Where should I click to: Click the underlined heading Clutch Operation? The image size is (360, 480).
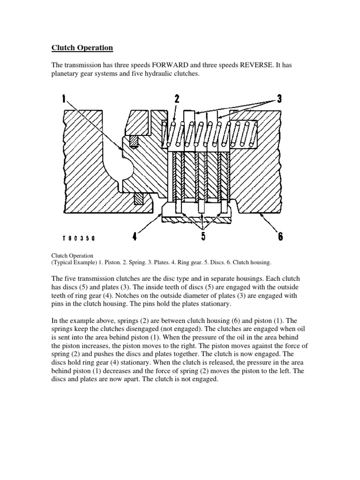pos(82,48)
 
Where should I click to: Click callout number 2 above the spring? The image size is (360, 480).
pos(177,99)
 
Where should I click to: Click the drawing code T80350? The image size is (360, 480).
pos(77,238)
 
